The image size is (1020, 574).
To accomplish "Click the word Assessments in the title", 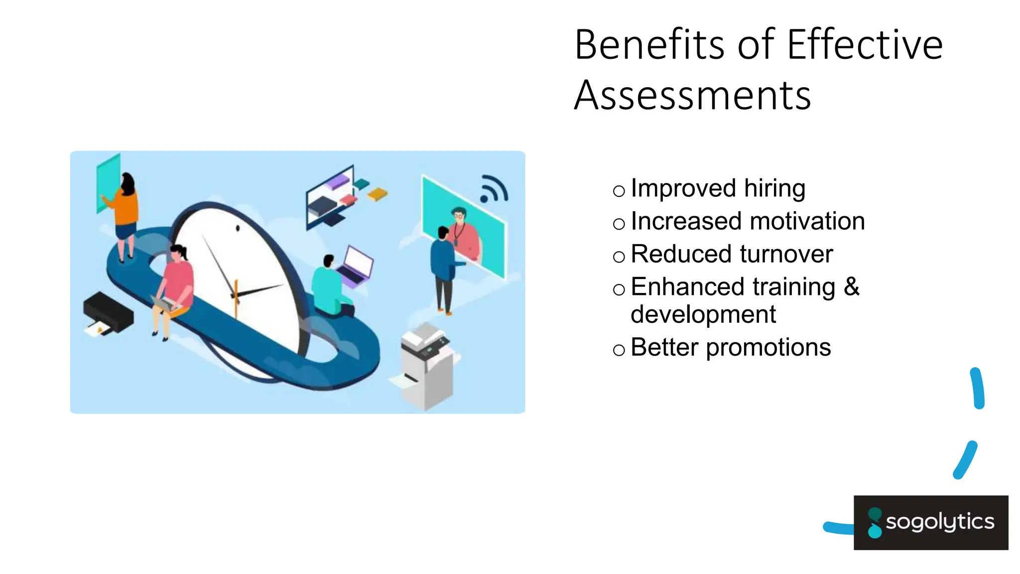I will click(x=692, y=96).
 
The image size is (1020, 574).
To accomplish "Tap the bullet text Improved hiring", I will click(x=718, y=189).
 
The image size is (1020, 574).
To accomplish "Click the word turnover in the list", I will click(x=786, y=254).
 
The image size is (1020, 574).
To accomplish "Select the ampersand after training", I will click(x=852, y=287).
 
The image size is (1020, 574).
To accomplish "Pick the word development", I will click(x=703, y=314).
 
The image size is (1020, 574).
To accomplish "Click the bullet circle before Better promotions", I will click(x=619, y=350).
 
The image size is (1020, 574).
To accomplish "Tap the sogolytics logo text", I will click(x=940, y=522).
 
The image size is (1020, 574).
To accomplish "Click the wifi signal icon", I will click(x=493, y=189).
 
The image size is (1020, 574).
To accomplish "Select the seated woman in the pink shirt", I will click(x=174, y=284).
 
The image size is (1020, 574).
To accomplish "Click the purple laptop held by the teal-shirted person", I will click(x=356, y=266).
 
